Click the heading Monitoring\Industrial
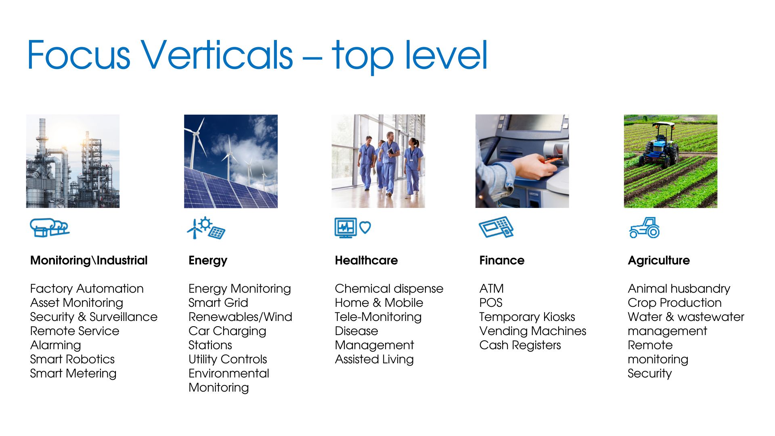pos(89,260)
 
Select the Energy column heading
pos(208,261)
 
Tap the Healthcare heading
pos(366,260)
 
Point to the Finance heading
pos(502,260)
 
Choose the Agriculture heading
pos(659,261)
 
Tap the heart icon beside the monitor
pos(365,227)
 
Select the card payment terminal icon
pos(496,227)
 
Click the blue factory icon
pos(50,227)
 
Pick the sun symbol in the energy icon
pos(205,224)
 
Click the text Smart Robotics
pos(72,359)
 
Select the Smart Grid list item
pos(218,303)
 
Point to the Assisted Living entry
pos(374,359)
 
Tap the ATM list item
pos(491,289)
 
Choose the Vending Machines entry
pos(532,331)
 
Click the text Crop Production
pos(674,303)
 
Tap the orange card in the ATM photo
pos(551,160)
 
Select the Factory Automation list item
pos(87,289)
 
